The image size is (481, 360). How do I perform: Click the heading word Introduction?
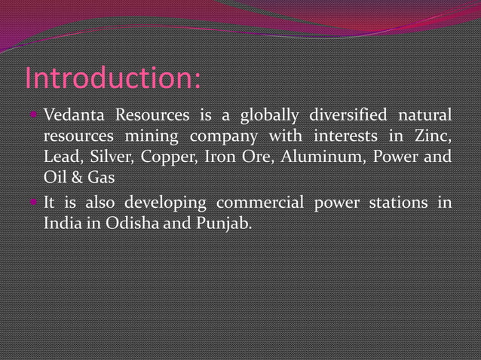[112, 78]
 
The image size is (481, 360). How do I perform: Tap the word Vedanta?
[72, 116]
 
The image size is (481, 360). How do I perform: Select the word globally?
[267, 116]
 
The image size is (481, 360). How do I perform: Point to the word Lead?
[60, 159]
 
